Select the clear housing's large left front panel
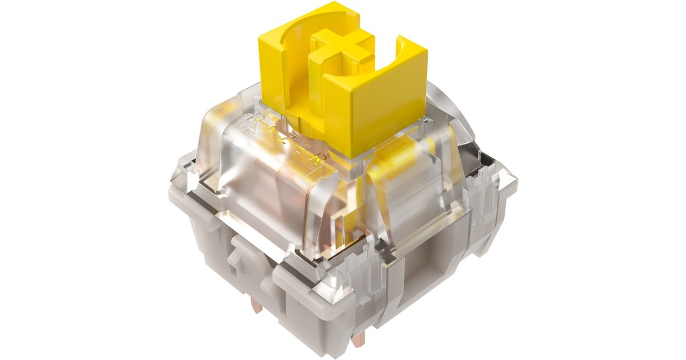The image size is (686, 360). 269,189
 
